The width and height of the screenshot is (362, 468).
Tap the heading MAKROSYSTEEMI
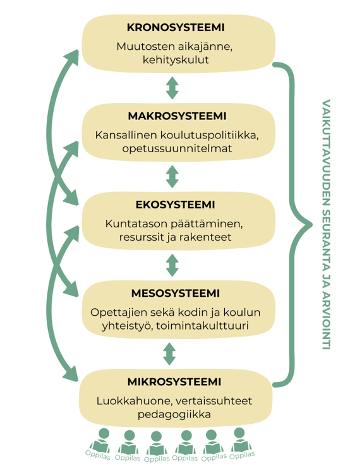[177, 116]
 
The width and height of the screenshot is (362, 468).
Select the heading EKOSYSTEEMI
[175, 205]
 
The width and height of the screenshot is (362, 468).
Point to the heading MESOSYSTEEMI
[175, 293]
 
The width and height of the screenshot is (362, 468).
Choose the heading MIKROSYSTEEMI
[174, 381]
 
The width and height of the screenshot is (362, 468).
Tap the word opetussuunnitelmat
[178, 149]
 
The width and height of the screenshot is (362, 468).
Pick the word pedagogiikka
[174, 414]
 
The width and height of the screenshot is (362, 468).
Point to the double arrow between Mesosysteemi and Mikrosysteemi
[169, 353]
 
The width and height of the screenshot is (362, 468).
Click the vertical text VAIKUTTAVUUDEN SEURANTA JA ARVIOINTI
[326, 223]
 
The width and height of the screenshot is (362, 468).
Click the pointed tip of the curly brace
[310, 224]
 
